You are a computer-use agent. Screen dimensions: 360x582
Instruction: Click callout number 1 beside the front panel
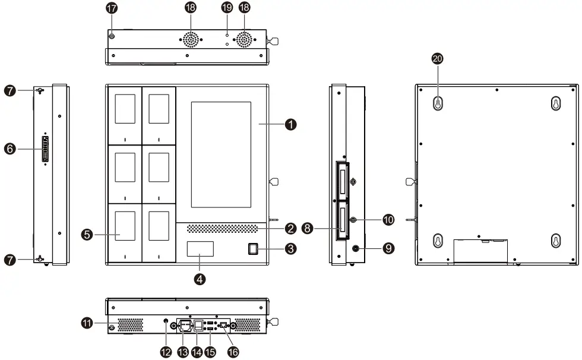pos(290,124)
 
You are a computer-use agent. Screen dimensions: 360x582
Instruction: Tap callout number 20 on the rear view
pos(438,58)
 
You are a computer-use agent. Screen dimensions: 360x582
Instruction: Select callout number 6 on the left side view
pos(10,149)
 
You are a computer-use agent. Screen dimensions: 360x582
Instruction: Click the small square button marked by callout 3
pos(253,249)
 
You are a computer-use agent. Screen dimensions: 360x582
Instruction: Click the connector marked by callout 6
pos(46,149)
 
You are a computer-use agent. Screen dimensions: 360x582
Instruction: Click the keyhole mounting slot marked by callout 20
pos(438,102)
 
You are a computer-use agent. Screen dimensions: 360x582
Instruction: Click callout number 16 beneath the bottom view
pos(233,352)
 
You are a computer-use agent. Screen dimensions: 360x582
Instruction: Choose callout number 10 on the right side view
pos(388,220)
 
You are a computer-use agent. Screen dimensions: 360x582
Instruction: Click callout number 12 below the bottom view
pos(165,352)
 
